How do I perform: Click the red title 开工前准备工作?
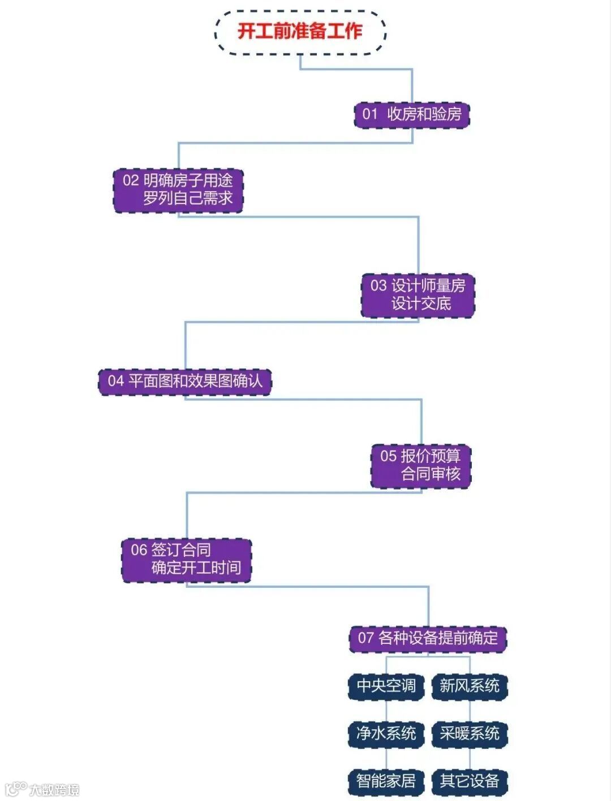[300, 31]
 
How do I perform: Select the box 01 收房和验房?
[412, 114]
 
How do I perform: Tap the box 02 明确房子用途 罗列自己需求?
[178, 190]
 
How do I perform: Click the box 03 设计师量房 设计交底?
[418, 295]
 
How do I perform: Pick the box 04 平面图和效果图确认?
[185, 381]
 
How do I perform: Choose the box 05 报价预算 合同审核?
[421, 465]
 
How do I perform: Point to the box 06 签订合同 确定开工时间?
[186, 559]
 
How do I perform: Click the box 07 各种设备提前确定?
[428, 638]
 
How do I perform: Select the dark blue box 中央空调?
[386, 686]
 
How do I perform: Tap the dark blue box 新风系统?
[470, 686]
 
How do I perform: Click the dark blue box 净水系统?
[386, 734]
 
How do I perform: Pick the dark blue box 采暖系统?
[470, 734]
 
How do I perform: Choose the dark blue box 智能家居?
[386, 781]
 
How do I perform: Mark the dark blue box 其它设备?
[470, 781]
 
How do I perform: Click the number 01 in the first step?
[370, 114]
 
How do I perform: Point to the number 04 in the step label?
[116, 381]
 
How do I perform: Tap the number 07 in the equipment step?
[365, 638]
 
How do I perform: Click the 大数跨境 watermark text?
[54, 790]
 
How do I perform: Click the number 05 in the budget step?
[388, 456]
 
